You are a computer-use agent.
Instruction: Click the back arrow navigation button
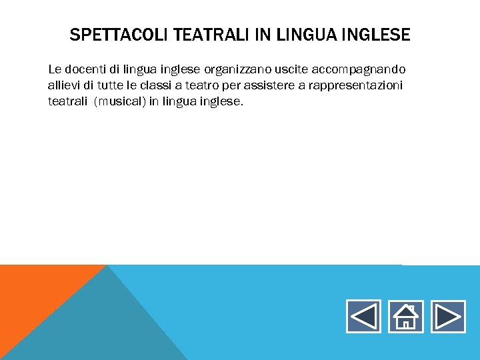[363, 316]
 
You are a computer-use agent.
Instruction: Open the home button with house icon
[405, 316]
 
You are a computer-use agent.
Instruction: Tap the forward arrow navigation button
[447, 316]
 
